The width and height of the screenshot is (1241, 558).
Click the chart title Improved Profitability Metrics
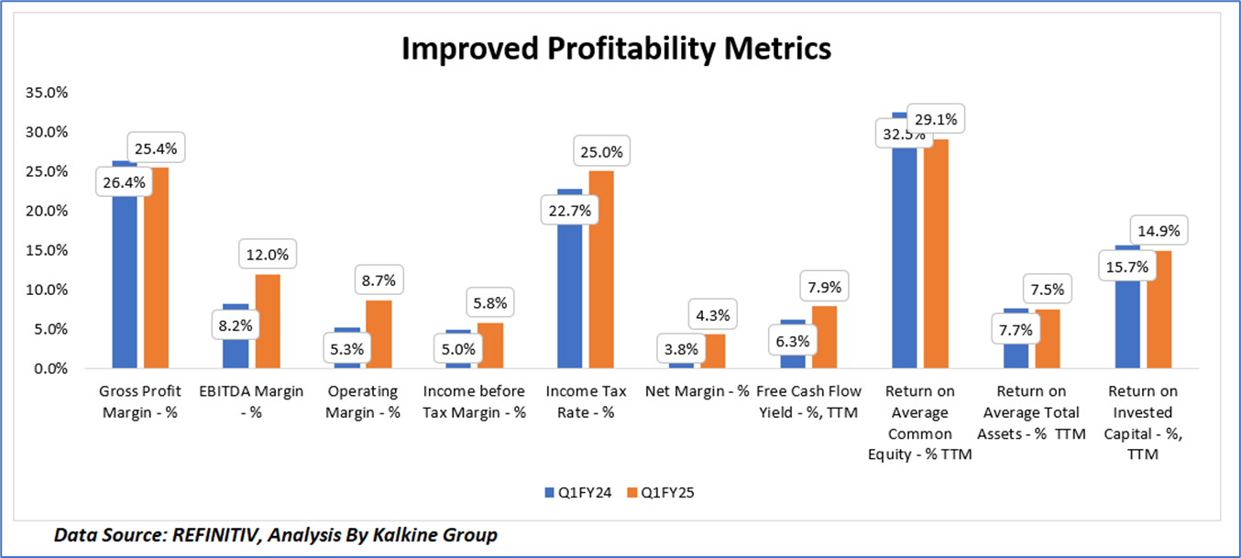(x=616, y=49)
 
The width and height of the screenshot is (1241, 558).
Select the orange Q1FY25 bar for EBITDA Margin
(x=268, y=321)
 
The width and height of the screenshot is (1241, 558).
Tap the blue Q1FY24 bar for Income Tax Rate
(x=569, y=293)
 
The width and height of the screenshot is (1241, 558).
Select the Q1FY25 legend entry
(x=658, y=492)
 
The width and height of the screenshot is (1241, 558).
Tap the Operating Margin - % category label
(x=364, y=402)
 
